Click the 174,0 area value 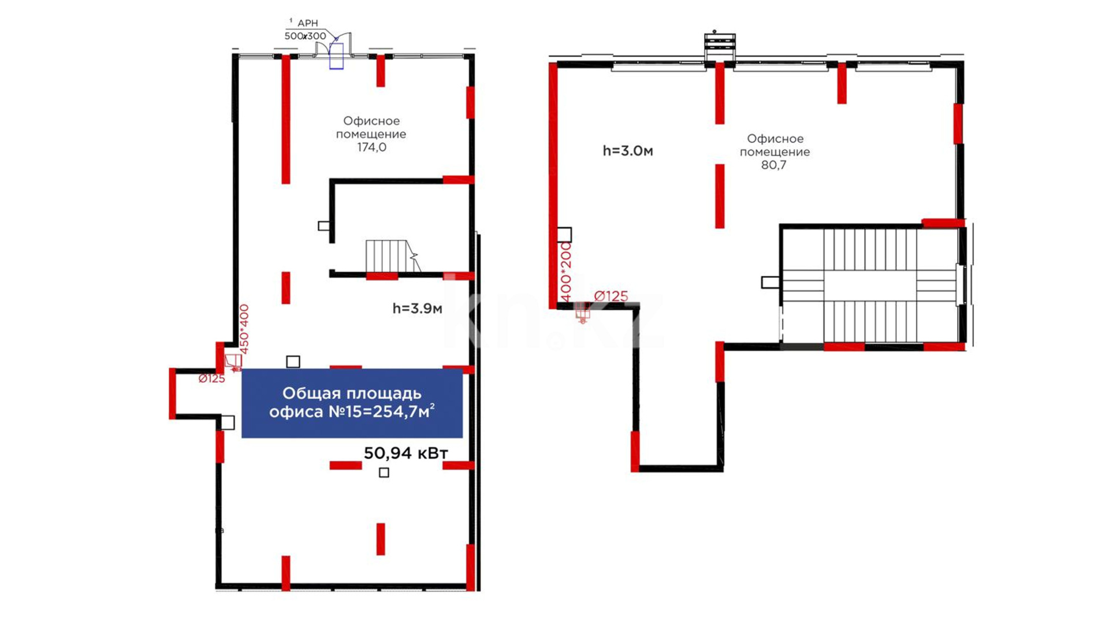[371, 147]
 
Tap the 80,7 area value [773, 165]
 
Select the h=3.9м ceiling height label [417, 309]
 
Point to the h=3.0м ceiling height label [628, 151]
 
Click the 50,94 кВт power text [405, 454]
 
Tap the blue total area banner [352, 403]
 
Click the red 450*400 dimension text [244, 329]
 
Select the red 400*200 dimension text [565, 272]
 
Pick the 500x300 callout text [305, 36]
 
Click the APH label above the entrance [307, 23]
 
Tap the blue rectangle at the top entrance [336, 56]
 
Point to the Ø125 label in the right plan [611, 296]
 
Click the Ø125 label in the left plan [211, 379]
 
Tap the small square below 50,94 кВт [384, 473]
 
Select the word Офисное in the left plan [371, 121]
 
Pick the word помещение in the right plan [775, 152]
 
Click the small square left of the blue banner [228, 422]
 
